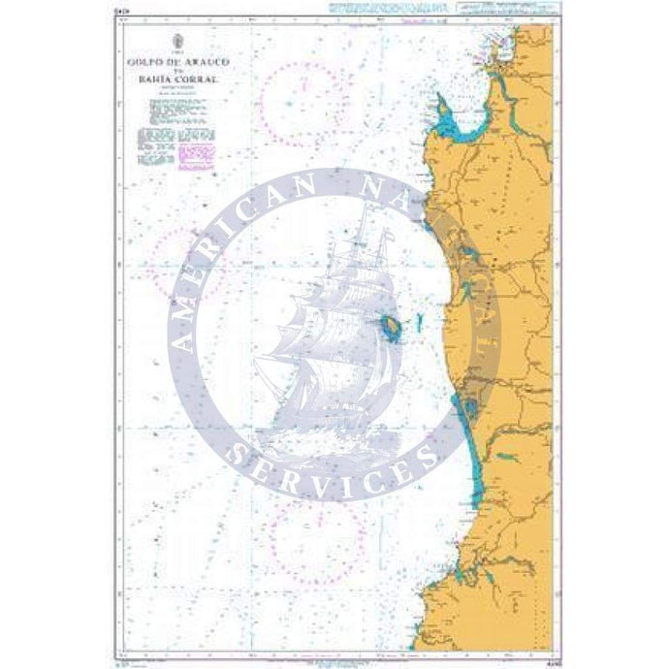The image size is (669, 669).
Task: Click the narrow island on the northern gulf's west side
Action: pos(442,106)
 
